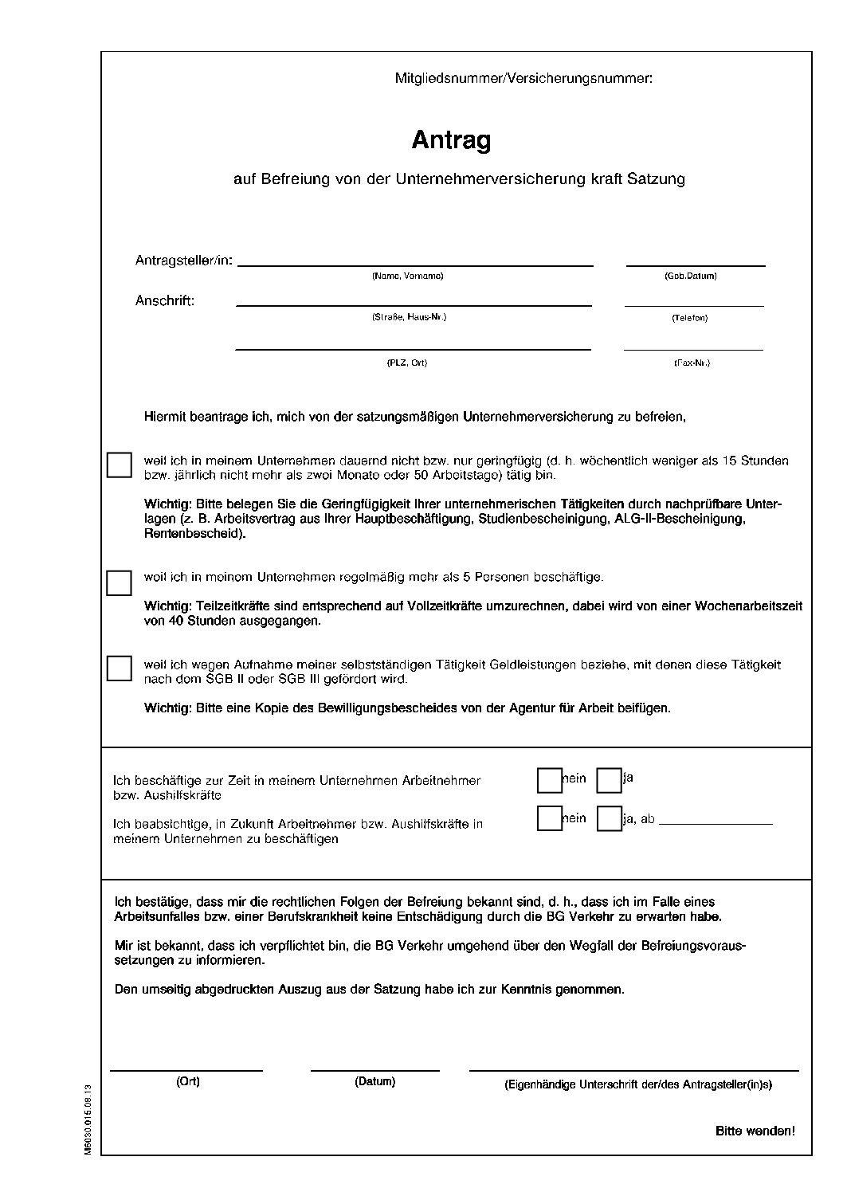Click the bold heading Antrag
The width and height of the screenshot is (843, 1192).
click(451, 140)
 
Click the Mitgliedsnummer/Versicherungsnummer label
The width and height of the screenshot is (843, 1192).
click(523, 78)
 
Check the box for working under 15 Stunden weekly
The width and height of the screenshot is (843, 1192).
click(119, 465)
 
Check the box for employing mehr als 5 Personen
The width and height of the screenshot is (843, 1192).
click(119, 582)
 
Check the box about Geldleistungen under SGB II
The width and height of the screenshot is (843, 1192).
click(119, 668)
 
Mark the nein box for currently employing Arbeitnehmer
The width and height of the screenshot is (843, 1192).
click(550, 781)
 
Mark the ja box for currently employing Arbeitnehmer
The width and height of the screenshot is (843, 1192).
click(609, 781)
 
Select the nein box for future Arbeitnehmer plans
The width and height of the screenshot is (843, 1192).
click(550, 818)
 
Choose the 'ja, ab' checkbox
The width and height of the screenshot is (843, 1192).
click(609, 818)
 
